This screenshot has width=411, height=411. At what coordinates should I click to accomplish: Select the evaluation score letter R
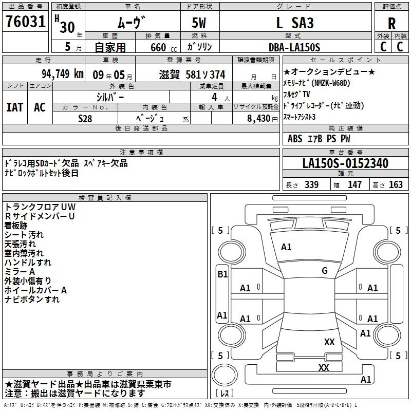[391, 23]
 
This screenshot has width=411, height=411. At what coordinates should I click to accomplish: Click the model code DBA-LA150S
[294, 47]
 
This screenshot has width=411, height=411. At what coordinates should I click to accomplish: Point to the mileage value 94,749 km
[62, 74]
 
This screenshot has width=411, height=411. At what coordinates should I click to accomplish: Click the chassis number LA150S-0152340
[345, 164]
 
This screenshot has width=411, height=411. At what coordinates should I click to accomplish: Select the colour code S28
[85, 118]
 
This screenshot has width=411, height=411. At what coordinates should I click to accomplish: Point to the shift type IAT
[14, 107]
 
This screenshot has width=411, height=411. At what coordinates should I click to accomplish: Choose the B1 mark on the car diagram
[222, 274]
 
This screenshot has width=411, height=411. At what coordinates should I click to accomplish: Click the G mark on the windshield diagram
[324, 271]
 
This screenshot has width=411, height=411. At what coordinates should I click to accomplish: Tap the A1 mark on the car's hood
[286, 247]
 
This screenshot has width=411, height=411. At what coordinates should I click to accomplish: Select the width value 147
[355, 185]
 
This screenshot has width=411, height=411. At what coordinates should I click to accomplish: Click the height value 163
[396, 185]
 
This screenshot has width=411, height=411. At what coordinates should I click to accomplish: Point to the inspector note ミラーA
[20, 272]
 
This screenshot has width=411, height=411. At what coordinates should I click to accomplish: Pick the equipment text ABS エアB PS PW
[319, 139]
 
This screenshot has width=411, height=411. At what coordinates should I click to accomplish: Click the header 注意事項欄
[141, 152]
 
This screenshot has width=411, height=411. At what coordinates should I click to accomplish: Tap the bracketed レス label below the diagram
[225, 394]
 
